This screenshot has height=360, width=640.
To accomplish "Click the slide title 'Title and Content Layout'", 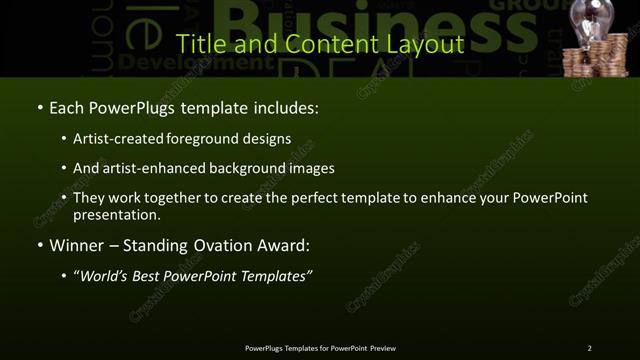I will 319,44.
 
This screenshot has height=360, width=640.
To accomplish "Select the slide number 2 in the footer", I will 589,348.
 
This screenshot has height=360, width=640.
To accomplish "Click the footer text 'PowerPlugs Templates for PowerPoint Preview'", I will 320,348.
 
